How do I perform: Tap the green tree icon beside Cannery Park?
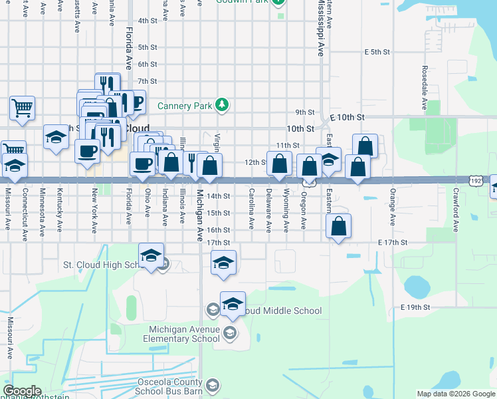tap(223, 105)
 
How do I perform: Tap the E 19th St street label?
tap(417, 307)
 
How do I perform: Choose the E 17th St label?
tap(392, 243)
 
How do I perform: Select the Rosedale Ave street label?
tap(424, 87)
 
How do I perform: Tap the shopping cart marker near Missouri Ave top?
tap(22, 108)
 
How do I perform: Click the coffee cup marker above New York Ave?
tap(88, 151)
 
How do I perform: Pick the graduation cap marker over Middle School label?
tap(233, 304)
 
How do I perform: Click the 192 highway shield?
tap(475, 180)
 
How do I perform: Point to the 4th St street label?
tap(147, 21)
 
